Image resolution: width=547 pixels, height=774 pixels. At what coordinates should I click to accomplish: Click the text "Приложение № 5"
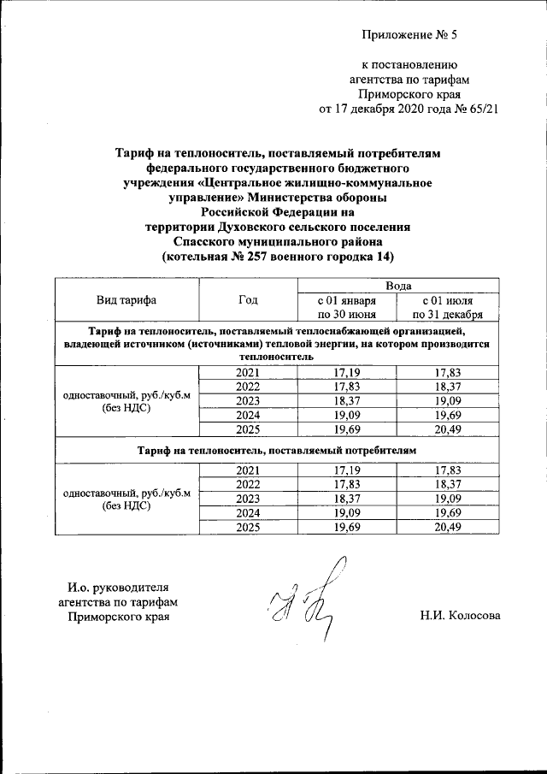click(x=409, y=35)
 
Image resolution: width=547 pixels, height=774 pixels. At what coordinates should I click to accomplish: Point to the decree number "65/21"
click(x=481, y=109)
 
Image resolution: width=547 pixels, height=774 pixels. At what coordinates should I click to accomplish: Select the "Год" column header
click(x=248, y=299)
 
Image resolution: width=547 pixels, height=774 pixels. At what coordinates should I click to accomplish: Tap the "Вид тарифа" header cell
click(x=126, y=299)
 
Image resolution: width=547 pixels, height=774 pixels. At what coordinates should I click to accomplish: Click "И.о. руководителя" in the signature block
click(x=119, y=588)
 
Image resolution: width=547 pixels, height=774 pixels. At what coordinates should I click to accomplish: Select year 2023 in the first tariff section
click(x=248, y=400)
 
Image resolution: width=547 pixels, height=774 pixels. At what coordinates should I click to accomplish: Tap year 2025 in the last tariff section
click(x=248, y=527)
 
